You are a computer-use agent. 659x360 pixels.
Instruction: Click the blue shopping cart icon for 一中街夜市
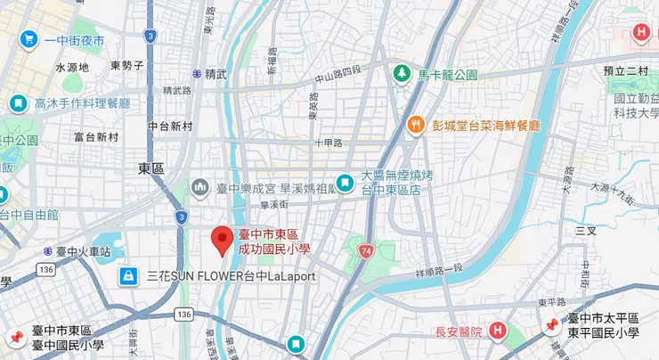pyautogui.click(x=28, y=39)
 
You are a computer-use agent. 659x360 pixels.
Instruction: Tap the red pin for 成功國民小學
pyautogui.click(x=222, y=241)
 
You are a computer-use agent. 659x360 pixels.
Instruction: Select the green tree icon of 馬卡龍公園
pyautogui.click(x=403, y=72)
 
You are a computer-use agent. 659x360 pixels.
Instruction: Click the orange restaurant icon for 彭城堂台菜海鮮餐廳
pyautogui.click(x=414, y=126)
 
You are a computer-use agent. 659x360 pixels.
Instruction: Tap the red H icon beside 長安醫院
pyautogui.click(x=498, y=331)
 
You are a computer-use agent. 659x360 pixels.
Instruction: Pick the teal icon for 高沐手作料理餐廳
pyautogui.click(x=17, y=103)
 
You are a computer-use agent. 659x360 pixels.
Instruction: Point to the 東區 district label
pyautogui.click(x=151, y=168)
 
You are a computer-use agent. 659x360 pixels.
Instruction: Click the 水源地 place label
pyautogui.click(x=72, y=67)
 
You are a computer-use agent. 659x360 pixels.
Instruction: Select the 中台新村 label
pyautogui.click(x=170, y=126)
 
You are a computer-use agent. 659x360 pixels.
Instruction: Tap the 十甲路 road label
pyautogui.click(x=329, y=143)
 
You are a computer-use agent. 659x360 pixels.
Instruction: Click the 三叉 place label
pyautogui.click(x=586, y=230)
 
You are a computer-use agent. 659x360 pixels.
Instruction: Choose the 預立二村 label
pyautogui.click(x=623, y=71)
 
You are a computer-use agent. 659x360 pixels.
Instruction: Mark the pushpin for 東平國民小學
pyautogui.click(x=551, y=326)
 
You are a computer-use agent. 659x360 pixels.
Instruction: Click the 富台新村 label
pyautogui.click(x=96, y=137)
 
